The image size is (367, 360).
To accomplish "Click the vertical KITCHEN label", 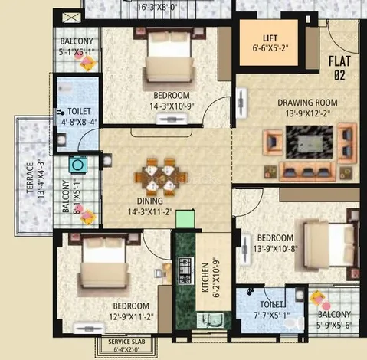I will [205, 276].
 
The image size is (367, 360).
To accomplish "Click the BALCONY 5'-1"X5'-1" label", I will [78, 47].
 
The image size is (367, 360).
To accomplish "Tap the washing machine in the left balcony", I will [77, 163].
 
